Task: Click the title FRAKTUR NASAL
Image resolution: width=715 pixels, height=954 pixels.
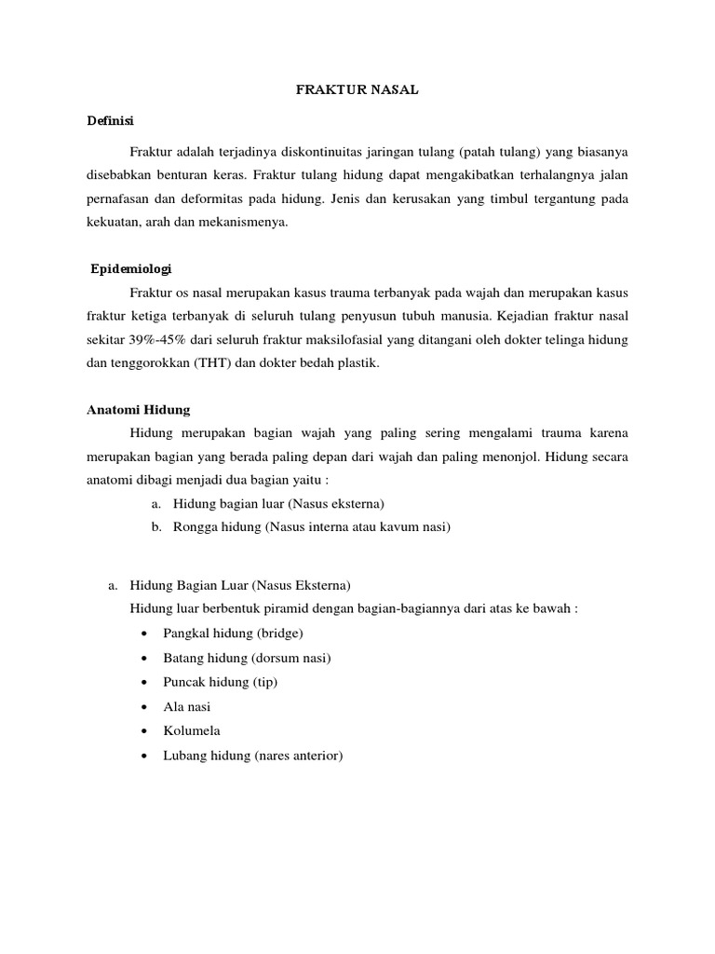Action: [357, 91]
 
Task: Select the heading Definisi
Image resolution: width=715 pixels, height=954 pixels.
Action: [111, 121]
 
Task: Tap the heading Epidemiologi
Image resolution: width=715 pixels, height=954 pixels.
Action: [132, 268]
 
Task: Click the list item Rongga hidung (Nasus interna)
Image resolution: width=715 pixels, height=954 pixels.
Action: [311, 527]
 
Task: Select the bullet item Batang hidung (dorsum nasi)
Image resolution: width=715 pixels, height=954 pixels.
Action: [247, 658]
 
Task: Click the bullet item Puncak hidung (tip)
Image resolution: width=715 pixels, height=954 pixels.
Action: [220, 682]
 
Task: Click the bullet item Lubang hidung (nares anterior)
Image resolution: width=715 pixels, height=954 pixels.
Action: [252, 756]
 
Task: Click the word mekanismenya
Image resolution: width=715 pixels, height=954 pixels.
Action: [249, 223]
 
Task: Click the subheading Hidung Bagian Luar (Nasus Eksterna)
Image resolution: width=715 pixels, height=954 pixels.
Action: [240, 585]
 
